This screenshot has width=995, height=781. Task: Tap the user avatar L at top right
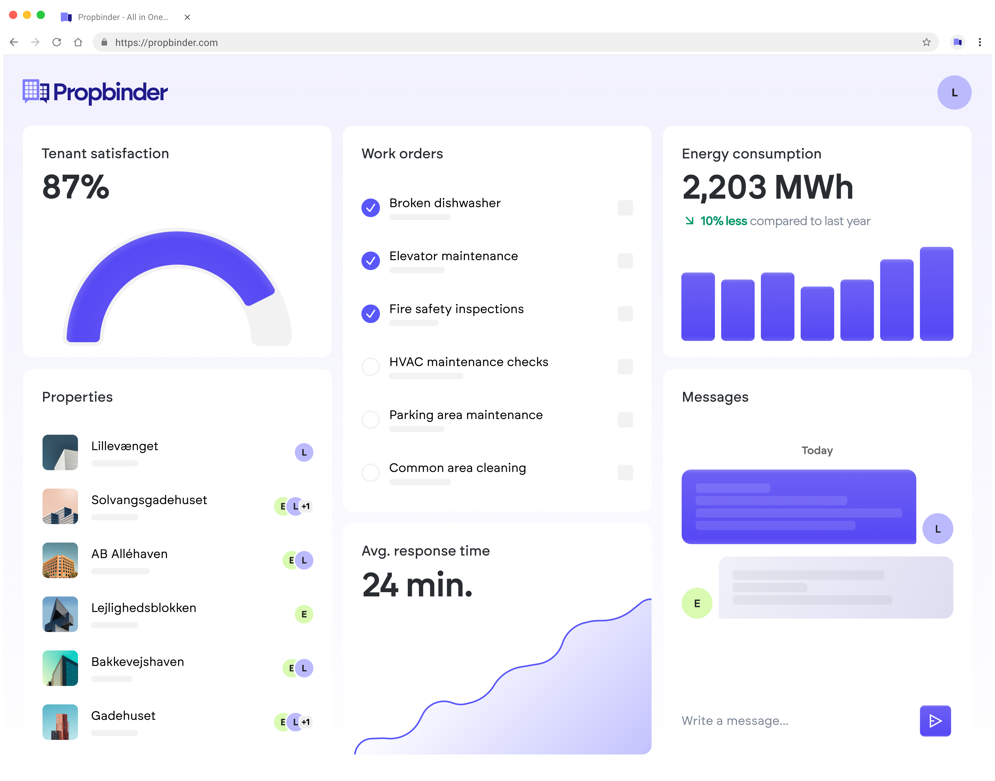(x=954, y=92)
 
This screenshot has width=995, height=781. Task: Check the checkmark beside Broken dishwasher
(x=370, y=207)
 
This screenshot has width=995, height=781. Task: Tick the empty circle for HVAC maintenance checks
(x=370, y=366)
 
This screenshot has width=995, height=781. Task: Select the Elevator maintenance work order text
(x=453, y=256)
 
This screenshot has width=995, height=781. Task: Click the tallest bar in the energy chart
(x=936, y=293)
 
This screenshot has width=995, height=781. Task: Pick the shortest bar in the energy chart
(x=817, y=314)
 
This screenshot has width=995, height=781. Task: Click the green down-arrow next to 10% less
(x=689, y=221)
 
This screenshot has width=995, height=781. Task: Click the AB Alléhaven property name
(x=129, y=554)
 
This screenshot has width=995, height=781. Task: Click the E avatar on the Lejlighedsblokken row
(x=304, y=614)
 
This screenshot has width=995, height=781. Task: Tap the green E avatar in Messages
(x=696, y=603)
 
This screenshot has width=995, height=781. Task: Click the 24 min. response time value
(x=417, y=585)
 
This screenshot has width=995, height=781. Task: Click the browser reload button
(x=57, y=42)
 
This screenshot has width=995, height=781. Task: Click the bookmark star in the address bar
(x=926, y=42)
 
